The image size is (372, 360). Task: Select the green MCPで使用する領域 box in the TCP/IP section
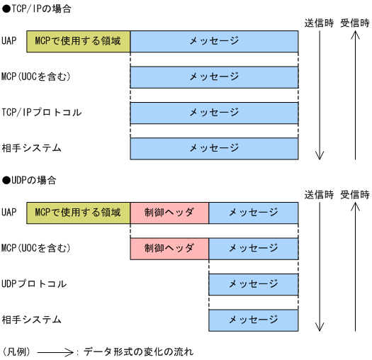[x=79, y=41]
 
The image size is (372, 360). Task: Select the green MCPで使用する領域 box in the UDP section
[x=79, y=212]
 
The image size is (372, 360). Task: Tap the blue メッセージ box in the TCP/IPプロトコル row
[x=214, y=113]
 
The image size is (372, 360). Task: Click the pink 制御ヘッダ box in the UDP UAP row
[x=169, y=212]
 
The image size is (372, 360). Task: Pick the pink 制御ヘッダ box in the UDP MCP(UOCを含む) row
[x=169, y=248]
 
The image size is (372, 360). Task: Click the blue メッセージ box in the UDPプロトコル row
[x=253, y=284]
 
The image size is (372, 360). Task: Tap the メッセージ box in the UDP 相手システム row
[x=253, y=320]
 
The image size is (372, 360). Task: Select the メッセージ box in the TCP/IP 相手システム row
[x=214, y=148]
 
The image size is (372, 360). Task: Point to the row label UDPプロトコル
[x=34, y=284]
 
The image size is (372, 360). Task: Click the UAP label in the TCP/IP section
[x=9, y=41]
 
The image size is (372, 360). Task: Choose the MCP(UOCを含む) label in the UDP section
[x=36, y=248]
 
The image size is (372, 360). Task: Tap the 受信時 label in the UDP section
[x=354, y=194]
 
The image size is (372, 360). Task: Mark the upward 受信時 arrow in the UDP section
[x=355, y=266]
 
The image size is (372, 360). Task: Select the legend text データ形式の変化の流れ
[x=137, y=351]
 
